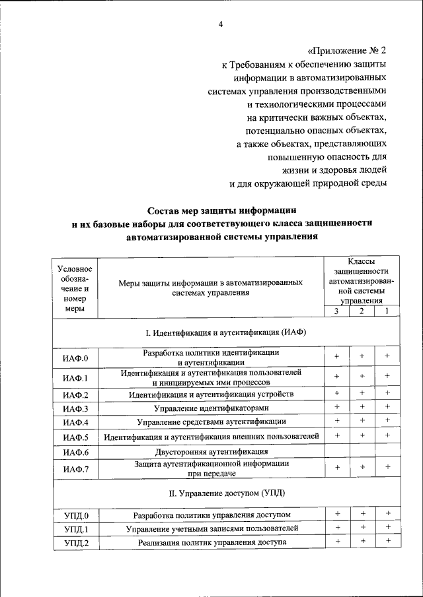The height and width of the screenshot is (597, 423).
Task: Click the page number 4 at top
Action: (x=221, y=25)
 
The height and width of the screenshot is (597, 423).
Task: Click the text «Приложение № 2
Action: (x=346, y=49)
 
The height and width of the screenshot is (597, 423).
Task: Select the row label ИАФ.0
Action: (x=75, y=358)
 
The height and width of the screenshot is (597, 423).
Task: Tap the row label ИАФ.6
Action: (x=75, y=452)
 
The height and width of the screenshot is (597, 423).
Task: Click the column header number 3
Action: (x=336, y=311)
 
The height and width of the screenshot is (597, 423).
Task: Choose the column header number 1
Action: (x=387, y=311)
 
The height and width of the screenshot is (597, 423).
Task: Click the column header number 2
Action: (x=362, y=311)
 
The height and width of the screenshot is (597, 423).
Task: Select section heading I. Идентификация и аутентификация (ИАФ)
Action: (x=225, y=332)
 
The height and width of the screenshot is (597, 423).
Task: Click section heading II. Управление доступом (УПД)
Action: (x=225, y=492)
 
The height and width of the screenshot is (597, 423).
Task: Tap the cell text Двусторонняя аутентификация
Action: (x=211, y=452)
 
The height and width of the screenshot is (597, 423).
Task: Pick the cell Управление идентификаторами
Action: (x=211, y=408)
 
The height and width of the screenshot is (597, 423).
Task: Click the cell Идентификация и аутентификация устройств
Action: (x=211, y=394)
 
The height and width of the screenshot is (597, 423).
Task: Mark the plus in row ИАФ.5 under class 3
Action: (x=336, y=436)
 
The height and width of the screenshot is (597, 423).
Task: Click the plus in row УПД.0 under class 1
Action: (x=387, y=514)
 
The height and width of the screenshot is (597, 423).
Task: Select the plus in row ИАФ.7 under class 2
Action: (x=362, y=468)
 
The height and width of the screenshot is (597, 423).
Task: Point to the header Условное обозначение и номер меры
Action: (x=75, y=288)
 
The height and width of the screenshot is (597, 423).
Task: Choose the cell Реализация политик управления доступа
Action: (x=211, y=542)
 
